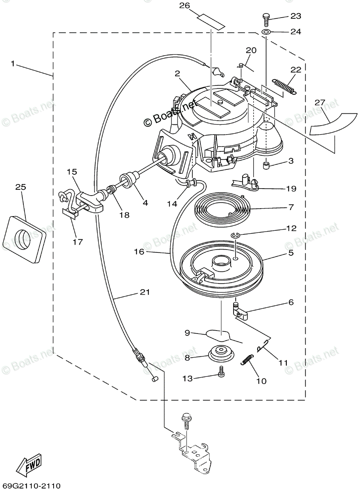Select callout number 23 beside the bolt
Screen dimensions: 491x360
point(295,16)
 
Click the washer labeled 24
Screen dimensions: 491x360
point(266,32)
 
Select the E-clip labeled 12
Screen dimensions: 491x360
point(235,235)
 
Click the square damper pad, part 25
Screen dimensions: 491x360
point(24,239)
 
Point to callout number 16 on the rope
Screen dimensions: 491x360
point(139,252)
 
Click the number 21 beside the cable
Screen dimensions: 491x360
point(145,293)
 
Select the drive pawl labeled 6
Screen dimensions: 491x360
point(241,311)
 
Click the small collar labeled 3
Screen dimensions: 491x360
point(266,166)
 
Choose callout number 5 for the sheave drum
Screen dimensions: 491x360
point(291,253)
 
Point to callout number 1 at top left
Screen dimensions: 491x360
point(13,64)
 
